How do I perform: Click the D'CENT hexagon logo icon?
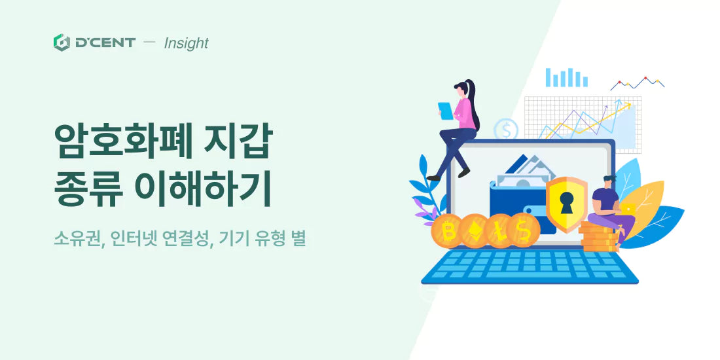click(x=62, y=43)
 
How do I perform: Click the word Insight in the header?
click(x=186, y=43)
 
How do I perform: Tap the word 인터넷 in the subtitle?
click(x=135, y=238)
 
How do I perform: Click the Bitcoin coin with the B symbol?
click(x=450, y=231)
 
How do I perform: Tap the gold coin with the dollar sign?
click(x=523, y=231)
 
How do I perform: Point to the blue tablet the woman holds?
click(x=446, y=111)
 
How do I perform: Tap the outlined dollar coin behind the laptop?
click(x=506, y=129)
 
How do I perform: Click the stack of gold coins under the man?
click(x=598, y=237)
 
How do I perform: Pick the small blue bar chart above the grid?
click(x=566, y=77)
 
